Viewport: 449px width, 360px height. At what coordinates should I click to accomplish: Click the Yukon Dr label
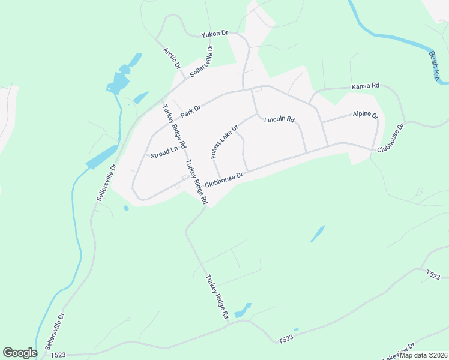coord(214,35)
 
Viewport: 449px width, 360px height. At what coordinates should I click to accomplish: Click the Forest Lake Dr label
coord(224,142)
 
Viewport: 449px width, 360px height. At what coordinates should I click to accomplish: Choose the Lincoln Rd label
coord(279,119)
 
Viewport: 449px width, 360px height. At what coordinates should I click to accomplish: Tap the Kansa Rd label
coord(366,86)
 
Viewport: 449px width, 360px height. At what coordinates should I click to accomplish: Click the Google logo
coord(20,353)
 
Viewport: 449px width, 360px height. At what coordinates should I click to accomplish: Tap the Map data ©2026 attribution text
coord(424,355)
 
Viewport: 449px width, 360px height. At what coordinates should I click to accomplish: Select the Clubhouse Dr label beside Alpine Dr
coord(391,137)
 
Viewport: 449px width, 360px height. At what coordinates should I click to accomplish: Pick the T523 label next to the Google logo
coord(58,355)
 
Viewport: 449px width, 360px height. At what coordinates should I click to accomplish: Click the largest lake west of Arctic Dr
coord(119,80)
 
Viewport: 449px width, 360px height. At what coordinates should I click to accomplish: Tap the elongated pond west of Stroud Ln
coord(102,157)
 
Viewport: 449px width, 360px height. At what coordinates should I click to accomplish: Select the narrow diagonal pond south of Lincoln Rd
coord(318,233)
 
